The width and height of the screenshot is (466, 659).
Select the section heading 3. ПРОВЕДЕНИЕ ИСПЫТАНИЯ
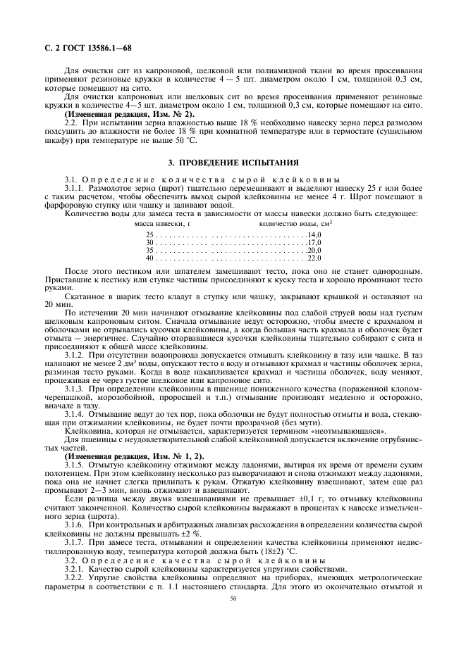[233, 161]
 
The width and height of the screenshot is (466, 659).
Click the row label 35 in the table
[149, 250]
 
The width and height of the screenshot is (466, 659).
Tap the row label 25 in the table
[149, 234]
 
